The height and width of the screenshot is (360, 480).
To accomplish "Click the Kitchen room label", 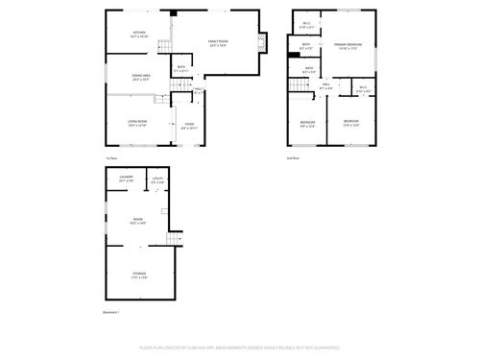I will pos(138,35).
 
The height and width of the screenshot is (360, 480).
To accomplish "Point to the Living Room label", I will pos(138,122).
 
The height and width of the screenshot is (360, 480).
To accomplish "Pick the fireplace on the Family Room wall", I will pos(265,42).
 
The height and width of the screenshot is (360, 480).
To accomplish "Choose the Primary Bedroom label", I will pos(348,46).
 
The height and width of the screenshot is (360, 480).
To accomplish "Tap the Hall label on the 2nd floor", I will pos(325,86).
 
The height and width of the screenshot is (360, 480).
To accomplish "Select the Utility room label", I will pos(157,179).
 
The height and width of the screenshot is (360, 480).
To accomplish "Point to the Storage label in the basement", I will pos(139,276).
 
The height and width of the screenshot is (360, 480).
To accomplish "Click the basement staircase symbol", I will pos(174,239).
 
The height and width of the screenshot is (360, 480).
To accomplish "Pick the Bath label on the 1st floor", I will pos(181,68).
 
